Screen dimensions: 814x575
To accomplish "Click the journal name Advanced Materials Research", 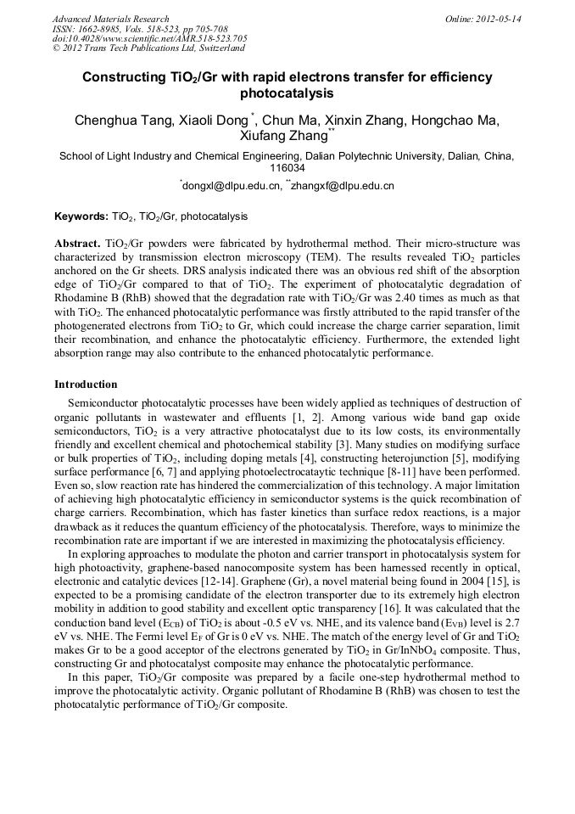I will [x=111, y=19].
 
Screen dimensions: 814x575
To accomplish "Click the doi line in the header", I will [x=149, y=39].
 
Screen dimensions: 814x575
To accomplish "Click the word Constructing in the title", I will [x=122, y=77].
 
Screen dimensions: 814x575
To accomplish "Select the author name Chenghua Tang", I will [x=125, y=121].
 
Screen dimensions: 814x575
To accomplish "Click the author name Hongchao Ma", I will [x=455, y=121].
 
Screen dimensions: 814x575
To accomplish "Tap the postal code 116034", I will [x=287, y=168].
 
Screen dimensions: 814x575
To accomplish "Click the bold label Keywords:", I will [x=81, y=217].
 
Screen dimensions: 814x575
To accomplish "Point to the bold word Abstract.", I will [x=78, y=243].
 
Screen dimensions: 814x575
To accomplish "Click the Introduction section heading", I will [x=86, y=385].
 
